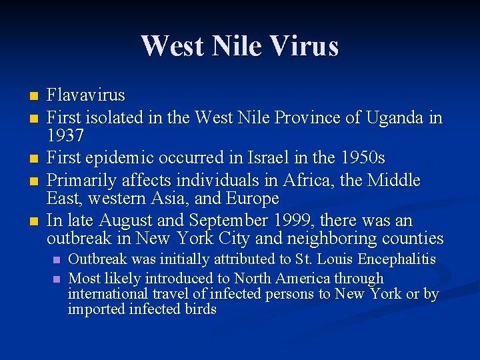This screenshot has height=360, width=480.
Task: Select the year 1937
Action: (65, 136)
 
